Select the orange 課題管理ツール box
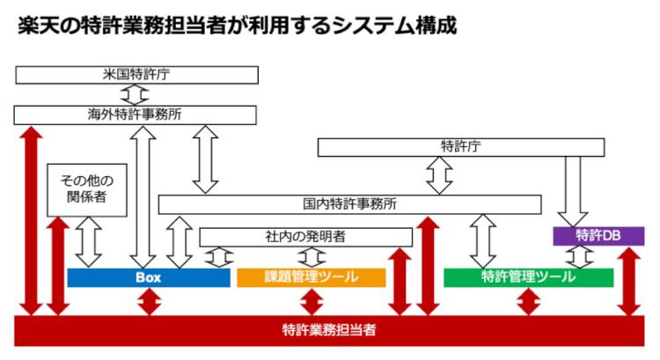[x=312, y=277]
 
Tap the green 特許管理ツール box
[x=528, y=277]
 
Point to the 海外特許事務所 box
[x=135, y=114]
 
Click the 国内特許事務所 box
[x=349, y=204]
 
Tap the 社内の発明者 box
[x=305, y=237]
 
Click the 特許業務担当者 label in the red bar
[x=329, y=330]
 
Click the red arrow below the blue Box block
[x=149, y=301]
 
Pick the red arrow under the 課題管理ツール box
[x=312, y=301]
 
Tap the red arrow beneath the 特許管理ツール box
[x=527, y=301]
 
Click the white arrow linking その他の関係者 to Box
[x=89, y=242]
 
